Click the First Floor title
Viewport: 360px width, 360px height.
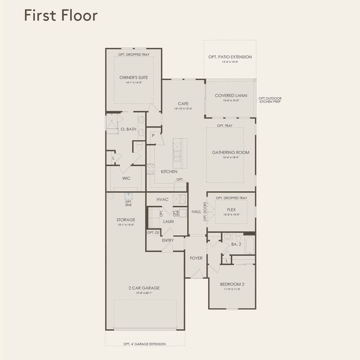tap(60, 16)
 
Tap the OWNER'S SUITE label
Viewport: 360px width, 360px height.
tap(133, 78)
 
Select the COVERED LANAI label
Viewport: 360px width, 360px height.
tap(230, 96)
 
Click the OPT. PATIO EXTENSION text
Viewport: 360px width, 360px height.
tap(230, 57)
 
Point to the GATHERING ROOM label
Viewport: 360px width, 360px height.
tap(230, 152)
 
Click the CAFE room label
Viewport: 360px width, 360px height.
tap(183, 103)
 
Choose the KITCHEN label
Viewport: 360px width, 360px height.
tap(169, 172)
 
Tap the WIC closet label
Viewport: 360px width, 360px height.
tap(127, 178)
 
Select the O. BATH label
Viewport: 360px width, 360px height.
tap(129, 129)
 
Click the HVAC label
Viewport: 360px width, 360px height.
tap(163, 200)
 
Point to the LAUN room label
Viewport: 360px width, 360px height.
tap(168, 222)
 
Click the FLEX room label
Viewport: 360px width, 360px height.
tap(231, 209)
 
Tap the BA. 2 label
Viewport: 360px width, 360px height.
tap(236, 244)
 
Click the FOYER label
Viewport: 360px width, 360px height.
tap(196, 258)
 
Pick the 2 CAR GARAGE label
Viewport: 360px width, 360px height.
tap(143, 288)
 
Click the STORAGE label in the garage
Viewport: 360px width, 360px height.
tap(125, 220)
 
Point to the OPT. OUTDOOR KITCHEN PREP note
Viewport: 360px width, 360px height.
tap(270, 100)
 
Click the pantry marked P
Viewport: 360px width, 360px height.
tap(152, 136)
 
